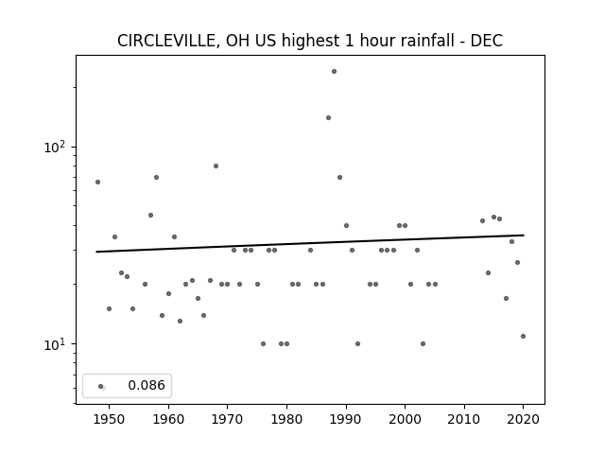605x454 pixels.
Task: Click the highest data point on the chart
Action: tap(334, 72)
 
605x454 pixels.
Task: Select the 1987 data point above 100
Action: tap(328, 117)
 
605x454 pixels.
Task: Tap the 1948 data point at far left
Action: tap(97, 183)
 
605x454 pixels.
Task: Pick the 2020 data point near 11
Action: tap(523, 337)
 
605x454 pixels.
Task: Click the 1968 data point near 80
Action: tap(216, 166)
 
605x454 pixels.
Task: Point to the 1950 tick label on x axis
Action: tap(110, 419)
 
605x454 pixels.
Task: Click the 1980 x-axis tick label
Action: tap(286, 419)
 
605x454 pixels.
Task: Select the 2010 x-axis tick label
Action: tap(464, 419)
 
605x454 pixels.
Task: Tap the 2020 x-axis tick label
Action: tap(523, 419)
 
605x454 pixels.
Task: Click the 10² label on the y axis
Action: tap(55, 148)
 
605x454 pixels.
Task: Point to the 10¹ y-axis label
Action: tap(55, 344)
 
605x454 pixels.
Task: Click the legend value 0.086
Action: tap(147, 385)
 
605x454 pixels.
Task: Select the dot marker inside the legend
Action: tap(101, 387)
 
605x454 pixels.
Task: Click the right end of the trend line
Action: tap(524, 236)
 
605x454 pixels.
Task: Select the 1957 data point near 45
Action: tap(151, 215)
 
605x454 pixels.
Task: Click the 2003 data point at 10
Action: tap(423, 344)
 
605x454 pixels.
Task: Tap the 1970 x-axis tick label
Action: tap(227, 419)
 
